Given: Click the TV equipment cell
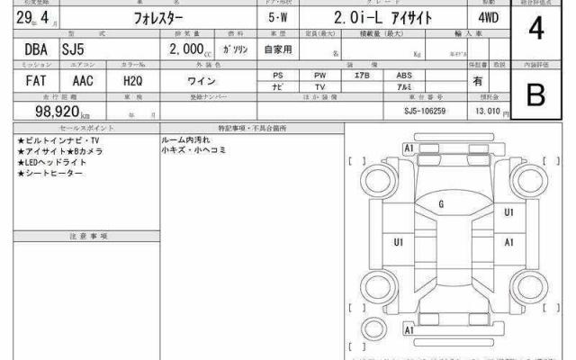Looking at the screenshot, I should (319, 86).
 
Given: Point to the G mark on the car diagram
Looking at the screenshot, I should (441, 204).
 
